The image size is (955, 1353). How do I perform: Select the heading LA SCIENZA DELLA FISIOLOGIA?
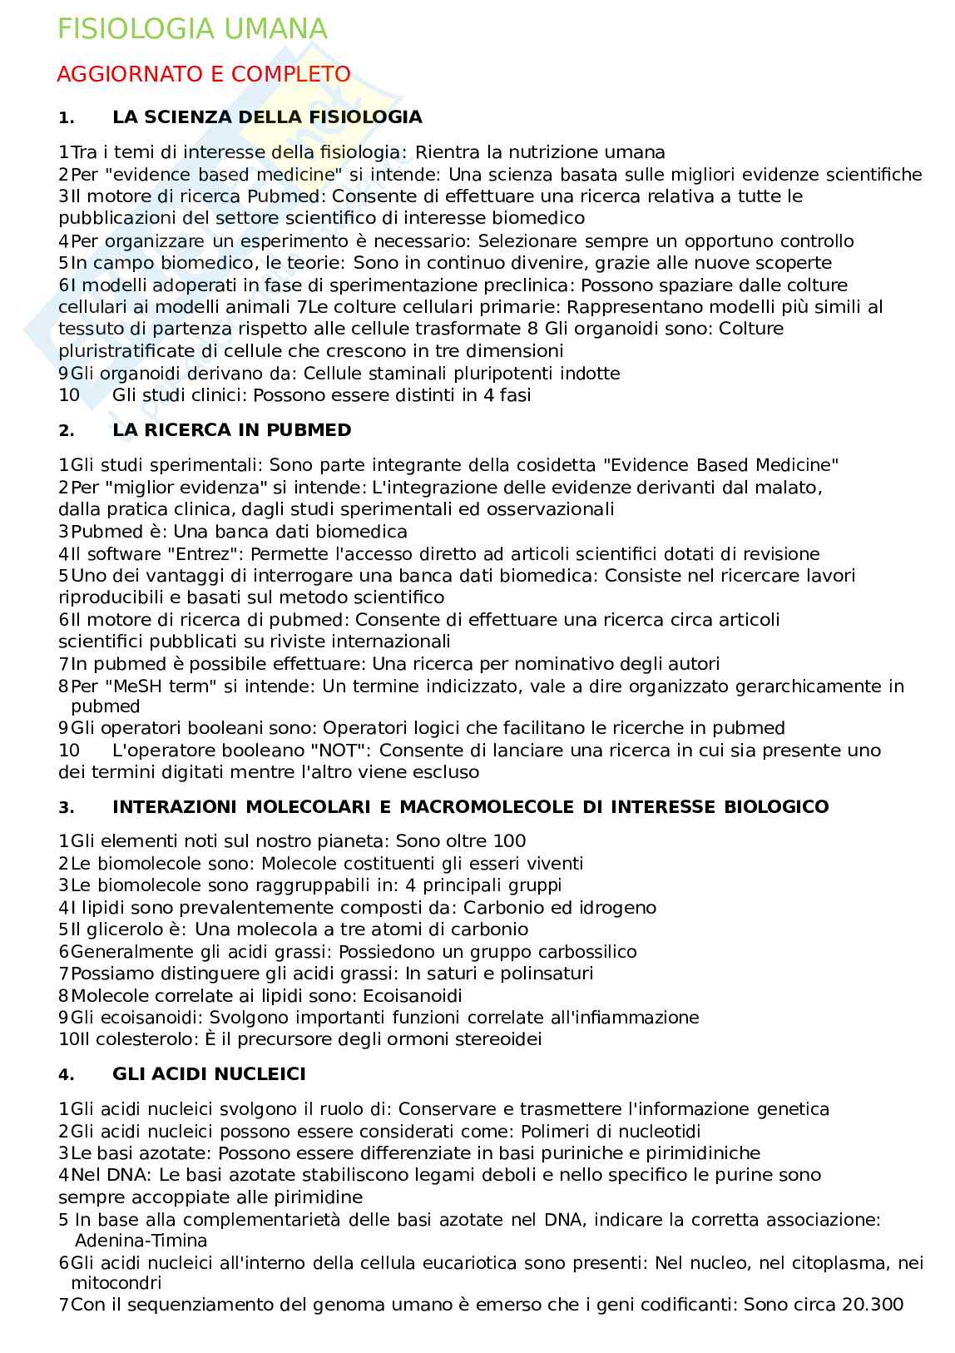(267, 117)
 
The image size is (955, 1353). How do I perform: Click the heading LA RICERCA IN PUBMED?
(231, 430)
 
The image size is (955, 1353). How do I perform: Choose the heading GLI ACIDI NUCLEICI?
(209, 1074)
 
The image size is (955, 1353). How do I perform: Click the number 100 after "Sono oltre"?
(509, 841)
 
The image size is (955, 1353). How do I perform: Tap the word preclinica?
(507, 285)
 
